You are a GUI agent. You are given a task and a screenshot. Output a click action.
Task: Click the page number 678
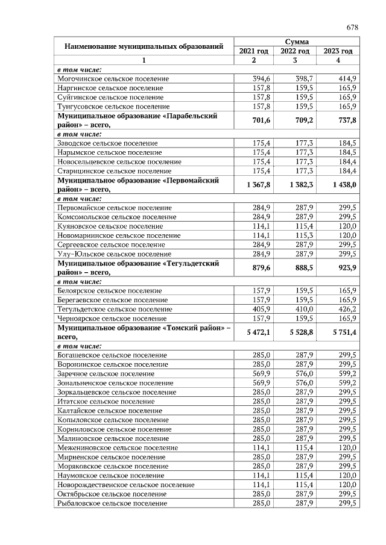(353, 28)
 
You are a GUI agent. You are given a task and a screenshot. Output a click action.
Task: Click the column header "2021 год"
(254, 51)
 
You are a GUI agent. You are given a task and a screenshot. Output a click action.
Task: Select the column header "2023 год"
(338, 51)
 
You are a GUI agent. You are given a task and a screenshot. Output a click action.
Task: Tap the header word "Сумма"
(296, 42)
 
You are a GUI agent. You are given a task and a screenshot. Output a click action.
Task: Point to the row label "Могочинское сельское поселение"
(113, 79)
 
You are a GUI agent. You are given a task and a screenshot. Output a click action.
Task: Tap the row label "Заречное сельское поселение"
(106, 373)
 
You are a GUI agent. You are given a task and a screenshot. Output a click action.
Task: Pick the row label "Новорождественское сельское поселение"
(125, 484)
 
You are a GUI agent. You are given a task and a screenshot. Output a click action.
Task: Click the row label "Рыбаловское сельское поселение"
(112, 503)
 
